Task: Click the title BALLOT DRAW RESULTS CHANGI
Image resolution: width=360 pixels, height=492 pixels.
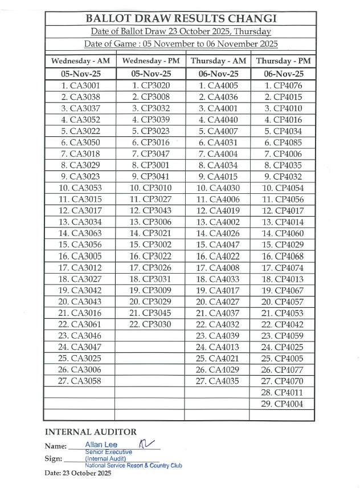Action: point(181,18)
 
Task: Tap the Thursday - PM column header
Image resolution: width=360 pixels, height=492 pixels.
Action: point(283,60)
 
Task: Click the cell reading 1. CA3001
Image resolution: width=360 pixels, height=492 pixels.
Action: point(80,86)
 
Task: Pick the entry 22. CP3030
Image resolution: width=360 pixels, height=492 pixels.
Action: point(150,324)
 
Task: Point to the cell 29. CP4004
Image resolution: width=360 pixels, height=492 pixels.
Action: point(283,404)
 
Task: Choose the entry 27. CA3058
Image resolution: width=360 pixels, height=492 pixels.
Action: point(80,381)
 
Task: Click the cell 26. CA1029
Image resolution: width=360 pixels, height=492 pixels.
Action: point(218,369)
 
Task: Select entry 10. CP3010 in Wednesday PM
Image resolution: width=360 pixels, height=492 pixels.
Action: point(150,188)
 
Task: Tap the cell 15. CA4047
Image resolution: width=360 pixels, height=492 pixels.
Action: point(218,245)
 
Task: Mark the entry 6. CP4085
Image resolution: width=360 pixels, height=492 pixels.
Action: point(283,143)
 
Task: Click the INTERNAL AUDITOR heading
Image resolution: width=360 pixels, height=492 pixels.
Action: point(91,432)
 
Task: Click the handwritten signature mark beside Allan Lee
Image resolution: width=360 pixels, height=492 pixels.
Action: point(146,442)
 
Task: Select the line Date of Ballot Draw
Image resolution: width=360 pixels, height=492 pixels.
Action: point(181,31)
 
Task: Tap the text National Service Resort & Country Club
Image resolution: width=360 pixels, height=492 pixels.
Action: point(133,465)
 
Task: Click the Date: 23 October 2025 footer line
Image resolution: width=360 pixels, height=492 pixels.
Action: point(78,473)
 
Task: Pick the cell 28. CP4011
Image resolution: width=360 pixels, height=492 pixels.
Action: point(283,392)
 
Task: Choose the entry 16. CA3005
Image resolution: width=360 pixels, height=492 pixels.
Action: point(80,256)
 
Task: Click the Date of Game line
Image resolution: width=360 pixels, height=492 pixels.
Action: point(181,44)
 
